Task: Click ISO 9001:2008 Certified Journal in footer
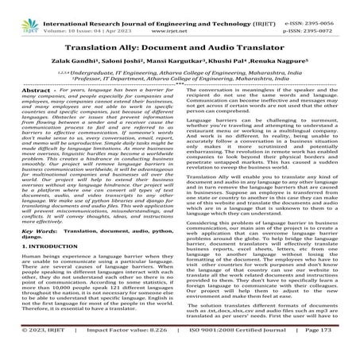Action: [x=227, y=350]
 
